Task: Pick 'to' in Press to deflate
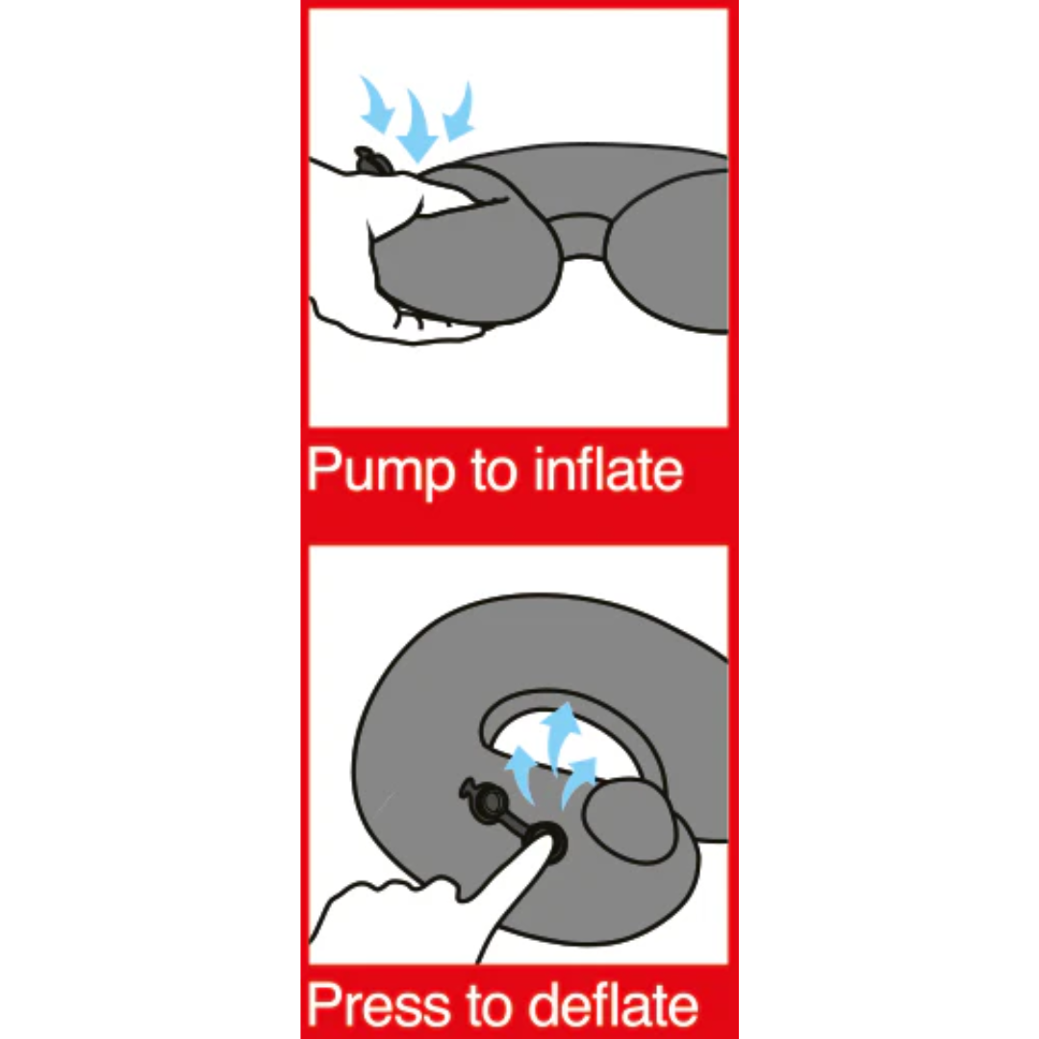pyautogui.click(x=494, y=1006)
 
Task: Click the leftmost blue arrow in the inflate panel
pyautogui.click(x=376, y=106)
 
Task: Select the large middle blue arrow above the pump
pyautogui.click(x=417, y=125)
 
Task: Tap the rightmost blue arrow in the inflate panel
pyautogui.click(x=460, y=111)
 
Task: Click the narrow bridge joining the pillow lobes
pyautogui.click(x=580, y=236)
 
